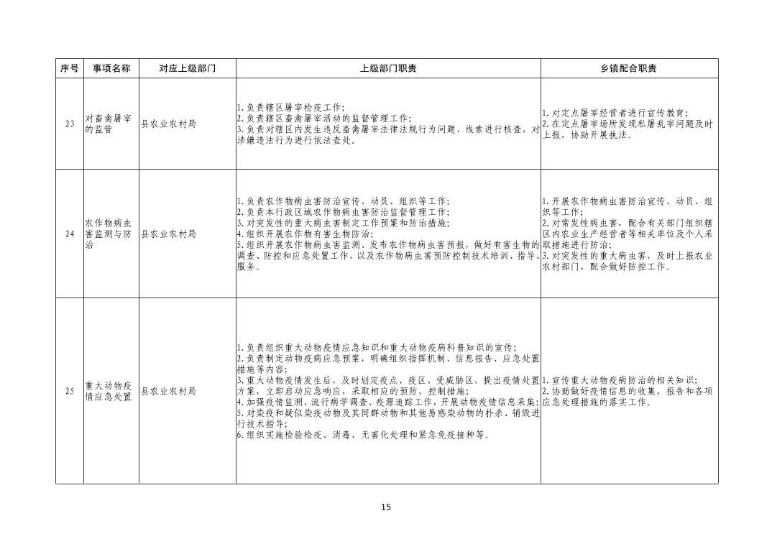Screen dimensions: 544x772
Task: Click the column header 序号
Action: [x=69, y=68]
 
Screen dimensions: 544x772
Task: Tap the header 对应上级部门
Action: [x=187, y=68]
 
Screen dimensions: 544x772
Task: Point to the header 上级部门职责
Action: [x=388, y=68]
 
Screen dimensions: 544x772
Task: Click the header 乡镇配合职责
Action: [x=629, y=68]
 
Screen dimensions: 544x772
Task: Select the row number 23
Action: [x=69, y=124]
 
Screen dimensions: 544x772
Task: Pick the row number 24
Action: [x=69, y=234]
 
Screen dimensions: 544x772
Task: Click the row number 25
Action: [x=69, y=392]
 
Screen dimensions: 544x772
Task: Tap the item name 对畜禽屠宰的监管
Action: [x=108, y=124]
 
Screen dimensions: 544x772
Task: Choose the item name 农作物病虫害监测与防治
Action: [x=108, y=234]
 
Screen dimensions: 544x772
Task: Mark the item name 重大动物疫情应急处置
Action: [x=108, y=392]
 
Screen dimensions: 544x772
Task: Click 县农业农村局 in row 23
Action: [x=168, y=124]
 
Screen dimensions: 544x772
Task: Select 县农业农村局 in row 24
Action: [x=168, y=234]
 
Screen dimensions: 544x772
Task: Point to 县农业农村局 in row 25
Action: [x=168, y=392]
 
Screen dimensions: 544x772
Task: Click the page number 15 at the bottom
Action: [x=386, y=507]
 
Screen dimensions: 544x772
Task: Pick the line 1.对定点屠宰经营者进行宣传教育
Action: [x=615, y=113]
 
